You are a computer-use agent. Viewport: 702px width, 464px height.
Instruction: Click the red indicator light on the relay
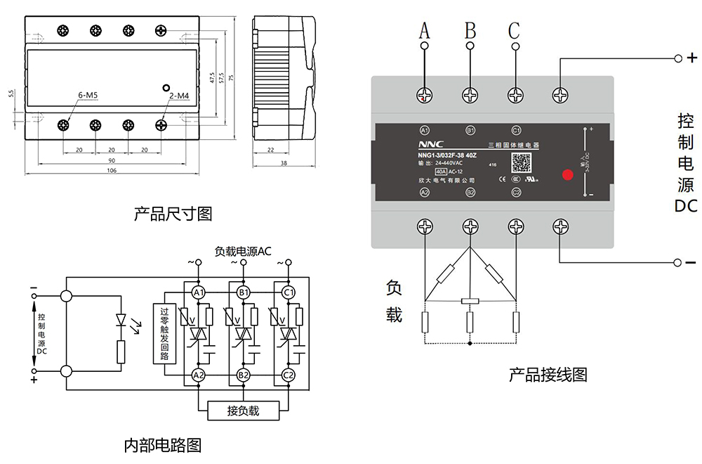pos(567,174)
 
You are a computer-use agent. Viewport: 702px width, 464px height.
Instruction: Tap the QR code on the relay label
pos(520,162)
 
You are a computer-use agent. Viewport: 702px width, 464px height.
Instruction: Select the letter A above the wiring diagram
pos(424,31)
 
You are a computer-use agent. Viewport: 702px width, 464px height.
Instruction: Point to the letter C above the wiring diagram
pos(515,31)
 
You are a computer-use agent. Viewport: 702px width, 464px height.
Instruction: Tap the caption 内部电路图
pos(162,445)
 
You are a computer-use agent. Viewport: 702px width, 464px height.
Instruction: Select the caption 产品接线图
pos(548,375)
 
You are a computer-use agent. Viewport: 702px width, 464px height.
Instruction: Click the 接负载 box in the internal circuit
pos(243,411)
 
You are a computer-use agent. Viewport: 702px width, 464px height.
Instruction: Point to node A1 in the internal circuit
pos(198,292)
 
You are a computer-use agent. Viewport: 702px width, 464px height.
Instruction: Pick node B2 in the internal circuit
pos(244,375)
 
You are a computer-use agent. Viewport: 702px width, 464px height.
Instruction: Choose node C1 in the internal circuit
pos(289,292)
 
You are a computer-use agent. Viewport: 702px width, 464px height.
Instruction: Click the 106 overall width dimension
pos(112,171)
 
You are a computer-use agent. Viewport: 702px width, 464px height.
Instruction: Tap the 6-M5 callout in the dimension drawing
pos(88,94)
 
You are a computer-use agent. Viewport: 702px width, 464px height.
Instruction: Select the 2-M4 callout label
pos(179,95)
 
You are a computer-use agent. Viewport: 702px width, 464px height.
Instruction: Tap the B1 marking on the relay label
pos(470,130)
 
